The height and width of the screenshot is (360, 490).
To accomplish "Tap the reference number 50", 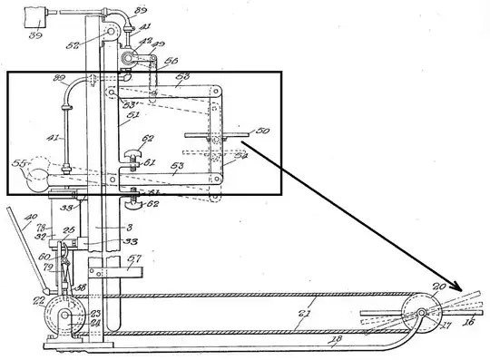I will (263, 132).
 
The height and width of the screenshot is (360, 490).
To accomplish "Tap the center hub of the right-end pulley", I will (424, 315).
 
